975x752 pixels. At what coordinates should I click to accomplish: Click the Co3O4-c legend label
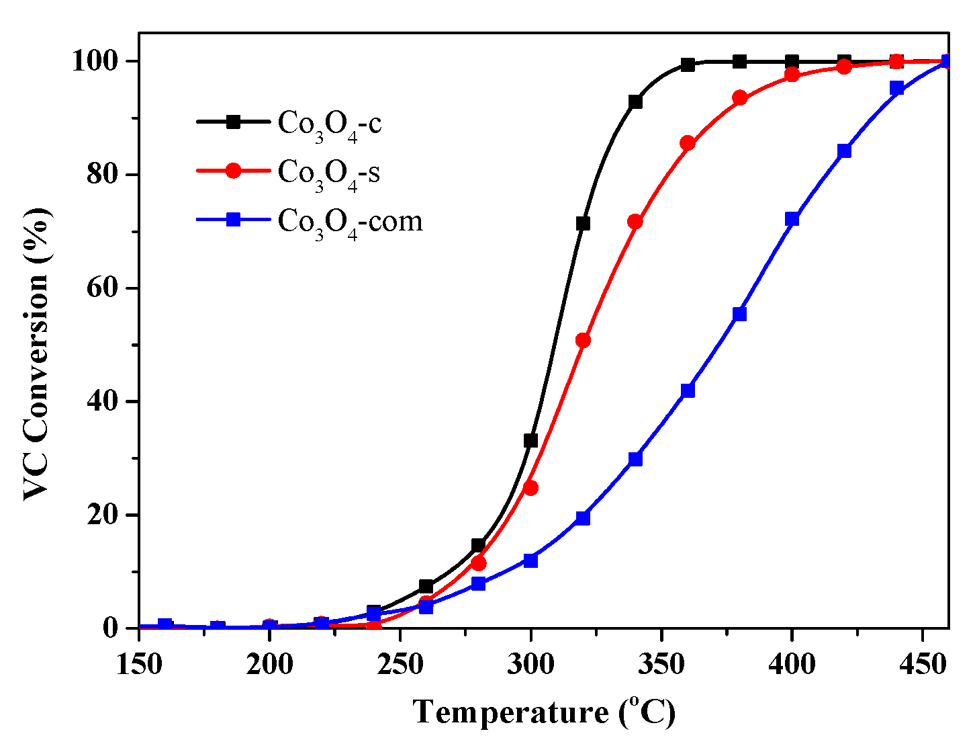coord(330,124)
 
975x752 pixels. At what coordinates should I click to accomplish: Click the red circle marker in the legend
coord(233,171)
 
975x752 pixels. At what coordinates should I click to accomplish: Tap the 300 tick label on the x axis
coord(530,665)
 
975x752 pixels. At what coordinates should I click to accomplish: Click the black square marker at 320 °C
coord(583,223)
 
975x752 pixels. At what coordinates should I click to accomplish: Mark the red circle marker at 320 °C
coord(583,341)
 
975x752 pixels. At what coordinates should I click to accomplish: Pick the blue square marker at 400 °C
coord(792,219)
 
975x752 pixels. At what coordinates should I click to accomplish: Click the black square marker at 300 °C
coord(530,441)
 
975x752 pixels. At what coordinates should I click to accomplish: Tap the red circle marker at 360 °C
coord(688,143)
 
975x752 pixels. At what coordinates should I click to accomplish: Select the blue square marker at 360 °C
coord(688,391)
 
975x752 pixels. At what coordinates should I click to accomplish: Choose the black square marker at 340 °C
coord(635,102)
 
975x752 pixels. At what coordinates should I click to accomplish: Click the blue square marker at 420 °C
coord(844,151)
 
